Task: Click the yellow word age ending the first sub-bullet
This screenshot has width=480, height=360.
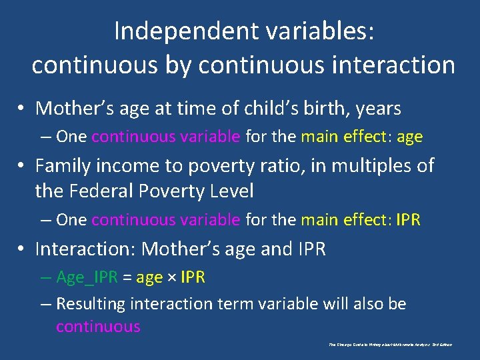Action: click(x=409, y=137)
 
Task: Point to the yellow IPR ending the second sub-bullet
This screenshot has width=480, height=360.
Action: click(x=408, y=219)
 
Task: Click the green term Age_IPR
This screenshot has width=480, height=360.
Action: click(x=87, y=277)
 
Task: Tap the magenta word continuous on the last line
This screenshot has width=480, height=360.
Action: click(x=98, y=327)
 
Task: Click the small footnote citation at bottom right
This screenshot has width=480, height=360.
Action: click(x=390, y=345)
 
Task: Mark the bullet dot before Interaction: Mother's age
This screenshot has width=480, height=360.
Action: click(x=23, y=249)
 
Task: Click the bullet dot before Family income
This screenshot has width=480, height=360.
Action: click(x=23, y=166)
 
